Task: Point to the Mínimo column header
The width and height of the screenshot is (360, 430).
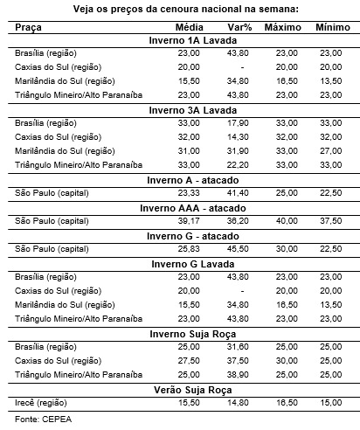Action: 334,28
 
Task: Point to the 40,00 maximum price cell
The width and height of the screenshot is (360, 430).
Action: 287,222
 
